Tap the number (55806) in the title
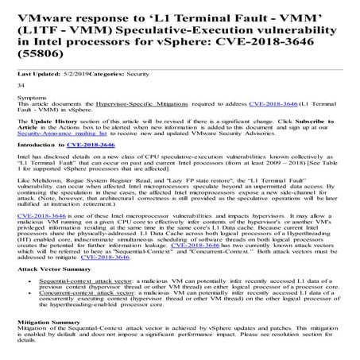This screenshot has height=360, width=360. click(x=42, y=56)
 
